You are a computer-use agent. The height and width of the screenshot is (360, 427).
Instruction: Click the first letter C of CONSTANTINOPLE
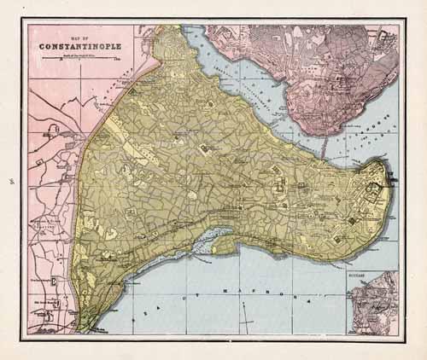[x=42, y=47]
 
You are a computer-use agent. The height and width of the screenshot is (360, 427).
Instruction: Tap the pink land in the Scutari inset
[x=376, y=307]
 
